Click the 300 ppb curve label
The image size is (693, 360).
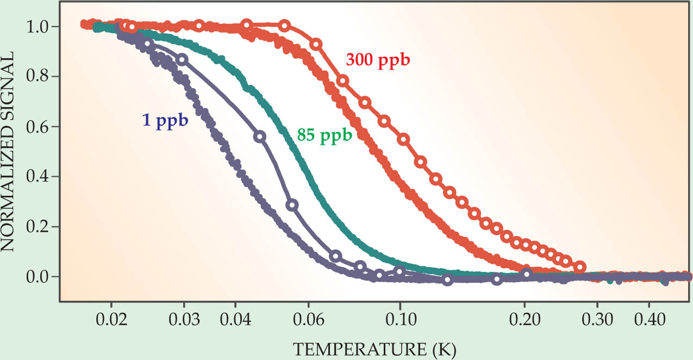click(x=377, y=60)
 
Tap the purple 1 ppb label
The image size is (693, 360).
click(x=165, y=121)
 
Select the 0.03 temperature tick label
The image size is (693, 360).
click(x=184, y=319)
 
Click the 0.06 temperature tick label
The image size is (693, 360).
click(x=308, y=319)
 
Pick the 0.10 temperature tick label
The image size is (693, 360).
click(x=400, y=319)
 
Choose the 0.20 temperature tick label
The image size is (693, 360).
click(x=525, y=319)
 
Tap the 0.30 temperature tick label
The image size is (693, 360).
click(x=597, y=319)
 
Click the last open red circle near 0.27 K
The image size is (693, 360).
click(x=580, y=267)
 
